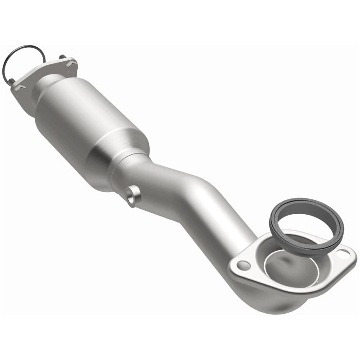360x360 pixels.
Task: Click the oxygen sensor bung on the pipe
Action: pos(131,195)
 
